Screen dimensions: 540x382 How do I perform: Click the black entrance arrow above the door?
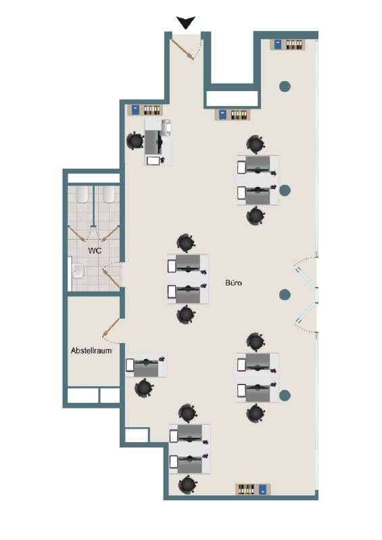point(186,23)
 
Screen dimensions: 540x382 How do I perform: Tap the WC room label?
point(95,250)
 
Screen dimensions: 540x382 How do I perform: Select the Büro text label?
point(233,283)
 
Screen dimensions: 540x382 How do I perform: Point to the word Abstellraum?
point(91,351)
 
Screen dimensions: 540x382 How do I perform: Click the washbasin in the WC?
point(77,272)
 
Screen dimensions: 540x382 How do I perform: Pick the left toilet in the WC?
point(82,195)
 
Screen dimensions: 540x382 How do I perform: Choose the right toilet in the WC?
point(108,195)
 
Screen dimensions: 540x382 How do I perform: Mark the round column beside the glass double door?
point(285,294)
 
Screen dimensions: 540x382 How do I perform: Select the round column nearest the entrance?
point(285,86)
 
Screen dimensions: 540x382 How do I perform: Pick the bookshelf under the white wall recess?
point(234,115)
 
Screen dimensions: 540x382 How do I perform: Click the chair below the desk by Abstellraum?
point(144,388)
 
